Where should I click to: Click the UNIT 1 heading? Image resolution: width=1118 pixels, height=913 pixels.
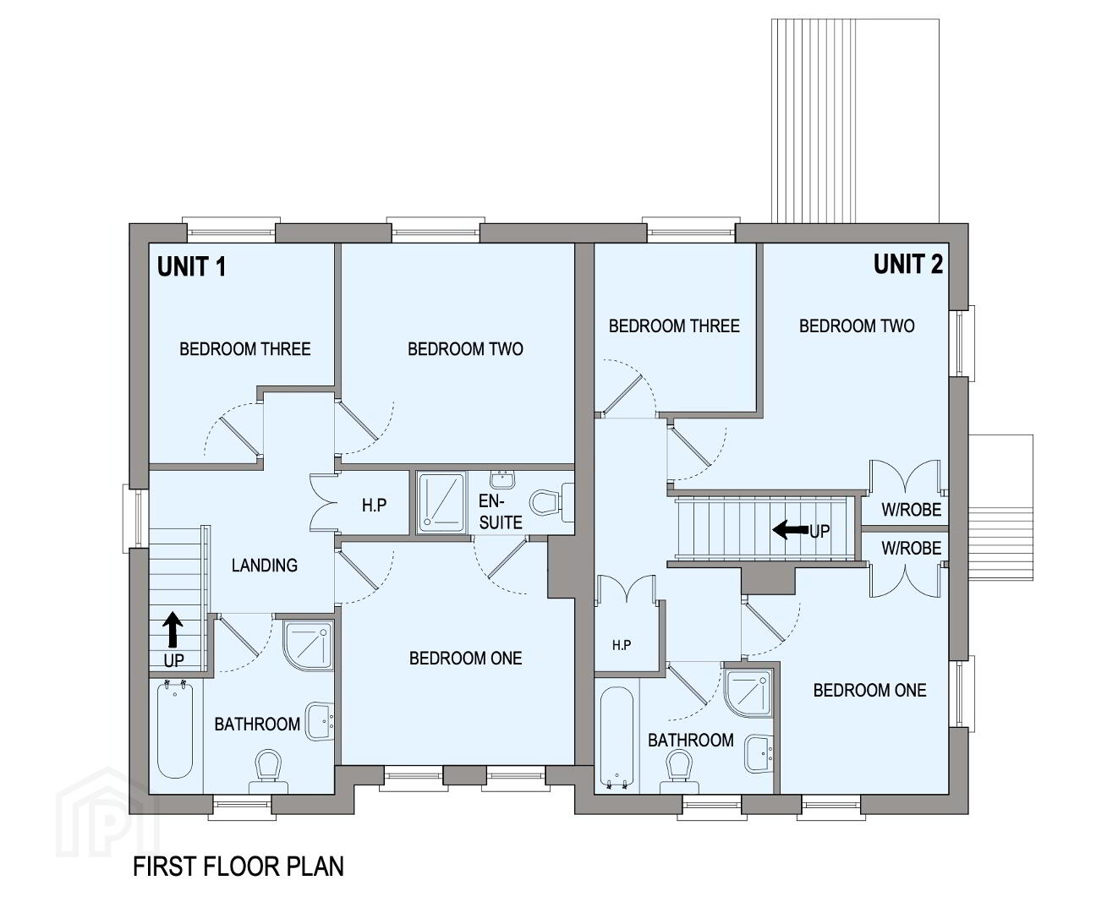pos(191,266)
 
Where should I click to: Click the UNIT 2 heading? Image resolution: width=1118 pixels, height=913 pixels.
pos(908,264)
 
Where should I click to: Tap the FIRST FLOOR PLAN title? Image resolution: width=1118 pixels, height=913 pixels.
pos(238,867)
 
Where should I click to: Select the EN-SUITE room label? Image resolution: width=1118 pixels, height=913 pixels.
pos(500,511)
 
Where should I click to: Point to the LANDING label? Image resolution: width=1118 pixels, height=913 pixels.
pos(264,566)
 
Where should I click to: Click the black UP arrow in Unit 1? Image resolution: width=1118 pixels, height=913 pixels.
pos(173,630)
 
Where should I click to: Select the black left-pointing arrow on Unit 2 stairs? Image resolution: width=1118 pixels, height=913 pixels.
pos(791,529)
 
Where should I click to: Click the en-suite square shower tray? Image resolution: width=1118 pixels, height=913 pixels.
pos(441,502)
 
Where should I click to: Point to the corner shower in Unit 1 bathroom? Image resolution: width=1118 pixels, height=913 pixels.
pos(308,645)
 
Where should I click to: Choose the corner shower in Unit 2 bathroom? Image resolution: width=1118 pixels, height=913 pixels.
pos(748,693)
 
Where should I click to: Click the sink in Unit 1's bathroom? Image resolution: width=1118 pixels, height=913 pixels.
pos(320,721)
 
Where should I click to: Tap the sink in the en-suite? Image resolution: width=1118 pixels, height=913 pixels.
pos(501,479)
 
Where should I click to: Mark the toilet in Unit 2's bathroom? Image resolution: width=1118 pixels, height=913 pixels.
pos(679,771)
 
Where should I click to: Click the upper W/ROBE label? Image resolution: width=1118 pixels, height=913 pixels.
pos(912,510)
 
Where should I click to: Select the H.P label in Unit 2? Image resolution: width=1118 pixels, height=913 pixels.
pos(622,645)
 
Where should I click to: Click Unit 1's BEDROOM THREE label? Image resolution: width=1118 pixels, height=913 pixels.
pos(245,348)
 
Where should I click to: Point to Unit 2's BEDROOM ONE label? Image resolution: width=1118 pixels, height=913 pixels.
pos(870,690)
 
